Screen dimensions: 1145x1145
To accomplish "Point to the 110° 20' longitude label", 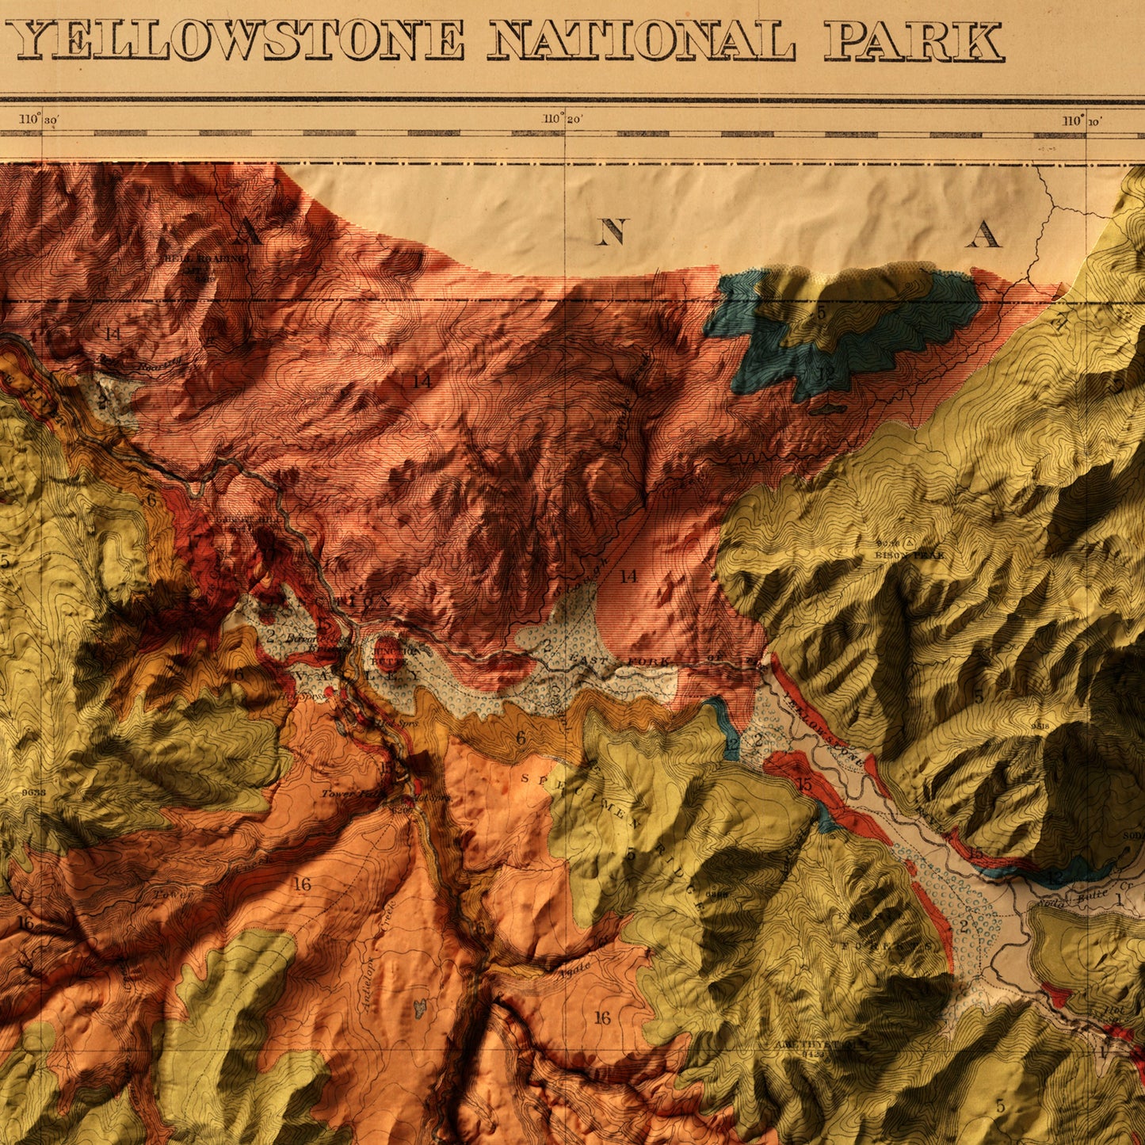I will tap(562, 119).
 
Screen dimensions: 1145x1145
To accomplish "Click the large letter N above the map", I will tap(611, 232).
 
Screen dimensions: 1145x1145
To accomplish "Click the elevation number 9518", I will tap(1040, 724).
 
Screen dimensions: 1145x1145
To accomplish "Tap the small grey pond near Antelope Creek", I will tap(420, 1007).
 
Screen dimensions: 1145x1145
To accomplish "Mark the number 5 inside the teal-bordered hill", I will tap(821, 313).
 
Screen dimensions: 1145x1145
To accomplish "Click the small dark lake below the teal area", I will tap(827, 409).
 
